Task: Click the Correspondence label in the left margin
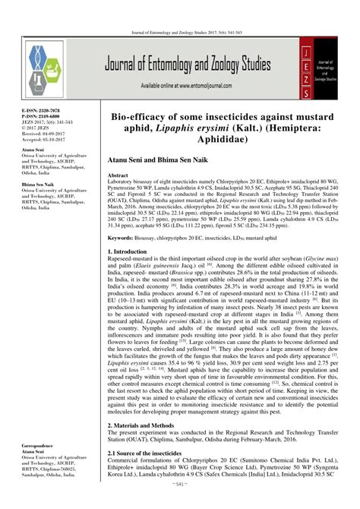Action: point(29,462)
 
